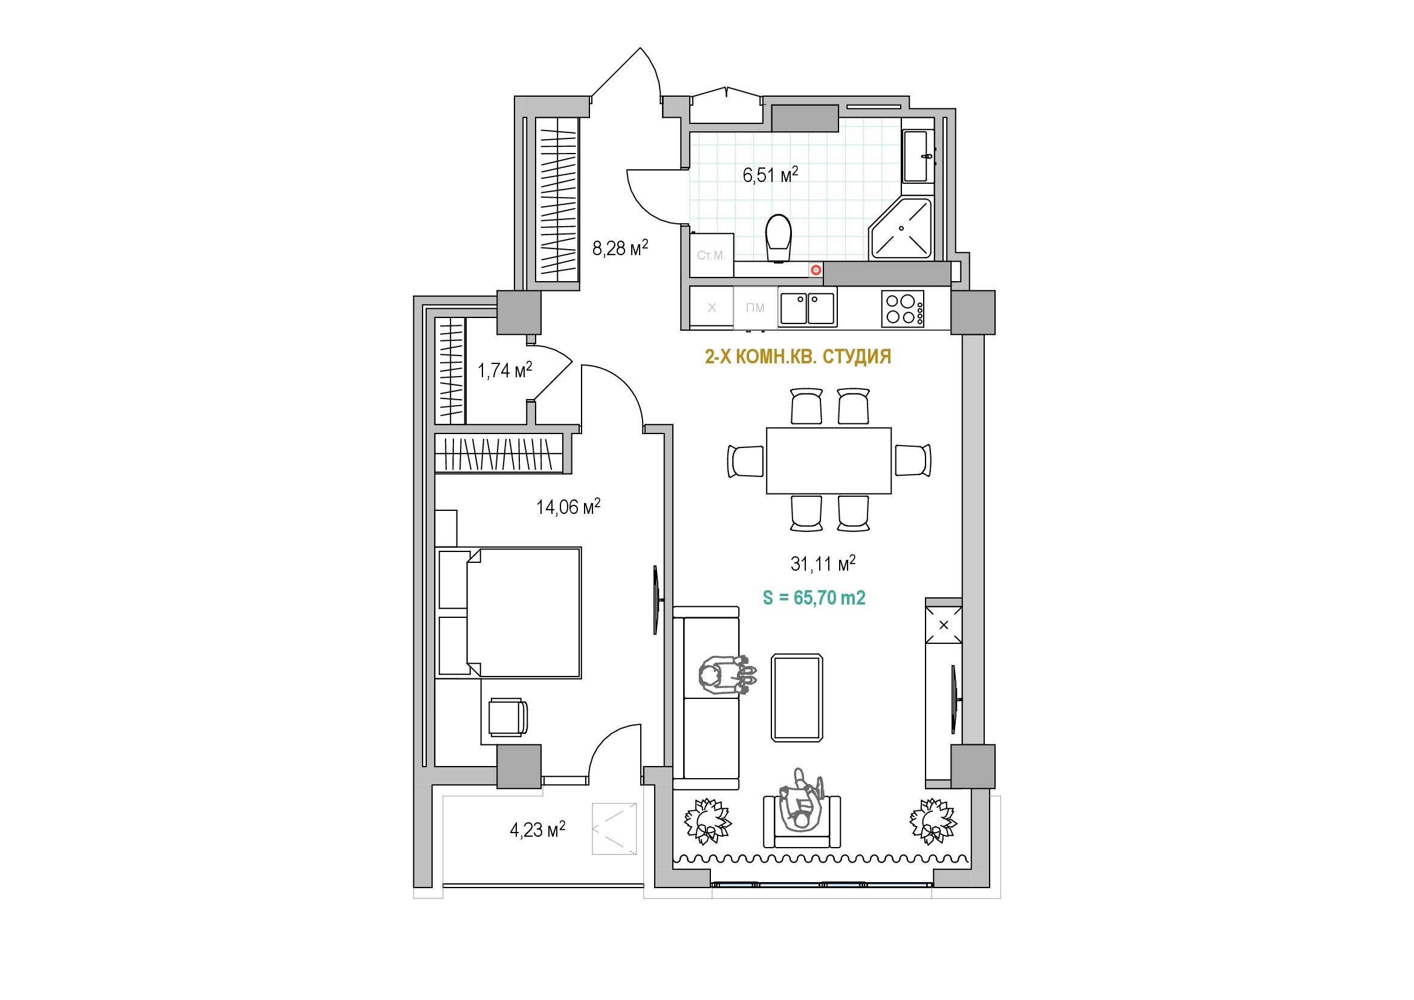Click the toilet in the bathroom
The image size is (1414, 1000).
(779, 238)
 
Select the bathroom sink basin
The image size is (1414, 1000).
(916, 156)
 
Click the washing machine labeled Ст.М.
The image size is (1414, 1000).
(712, 255)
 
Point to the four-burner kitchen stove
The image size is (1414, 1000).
(903, 308)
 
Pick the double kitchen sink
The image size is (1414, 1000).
(808, 308)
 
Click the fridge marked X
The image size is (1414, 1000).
(712, 307)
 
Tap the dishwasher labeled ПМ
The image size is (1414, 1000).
(756, 308)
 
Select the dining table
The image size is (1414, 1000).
(829, 461)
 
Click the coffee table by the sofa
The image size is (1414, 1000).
(797, 698)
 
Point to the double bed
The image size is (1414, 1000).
(508, 612)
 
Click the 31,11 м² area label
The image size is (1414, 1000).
(823, 563)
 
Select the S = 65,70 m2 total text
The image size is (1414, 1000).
(814, 597)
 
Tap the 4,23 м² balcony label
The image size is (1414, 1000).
(537, 830)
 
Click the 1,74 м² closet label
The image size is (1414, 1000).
(505, 370)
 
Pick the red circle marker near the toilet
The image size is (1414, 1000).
(816, 270)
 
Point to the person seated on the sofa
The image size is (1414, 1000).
(727, 675)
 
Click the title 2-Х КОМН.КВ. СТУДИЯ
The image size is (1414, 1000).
(798, 357)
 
